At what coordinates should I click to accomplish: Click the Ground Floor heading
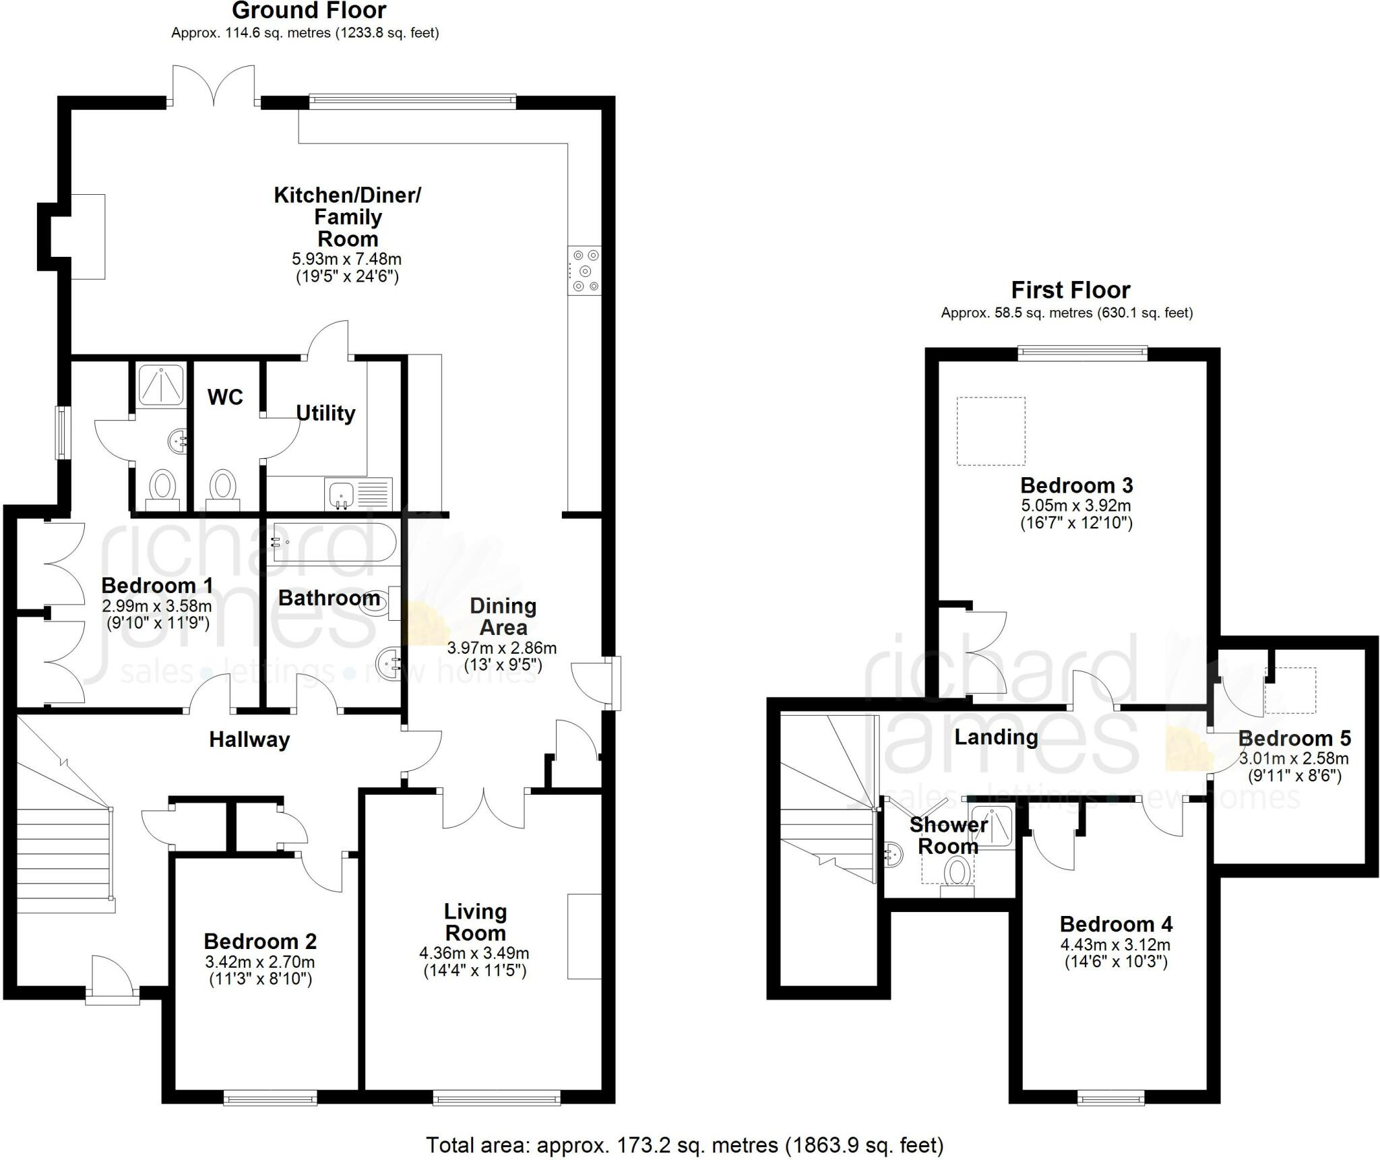tap(309, 11)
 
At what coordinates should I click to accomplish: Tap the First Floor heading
tap(1071, 290)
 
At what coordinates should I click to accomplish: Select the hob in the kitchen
tap(584, 271)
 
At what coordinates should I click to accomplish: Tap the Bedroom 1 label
tap(158, 585)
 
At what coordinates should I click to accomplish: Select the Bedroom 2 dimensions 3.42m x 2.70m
tap(259, 962)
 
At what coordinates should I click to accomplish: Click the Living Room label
tap(475, 922)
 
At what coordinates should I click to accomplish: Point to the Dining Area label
tap(503, 616)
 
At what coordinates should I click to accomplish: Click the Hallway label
tap(249, 739)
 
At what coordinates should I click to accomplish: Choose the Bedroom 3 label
tap(1077, 485)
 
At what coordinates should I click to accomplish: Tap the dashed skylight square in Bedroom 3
tap(991, 431)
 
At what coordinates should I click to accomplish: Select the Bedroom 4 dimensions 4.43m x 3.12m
tap(1115, 945)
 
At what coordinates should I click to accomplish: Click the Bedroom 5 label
tap(1294, 738)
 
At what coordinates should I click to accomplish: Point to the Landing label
tap(996, 737)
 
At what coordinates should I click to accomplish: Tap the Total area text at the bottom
tap(685, 1145)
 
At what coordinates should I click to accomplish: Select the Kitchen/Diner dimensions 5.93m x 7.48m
tap(347, 259)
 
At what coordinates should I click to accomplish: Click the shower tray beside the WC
tap(161, 385)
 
